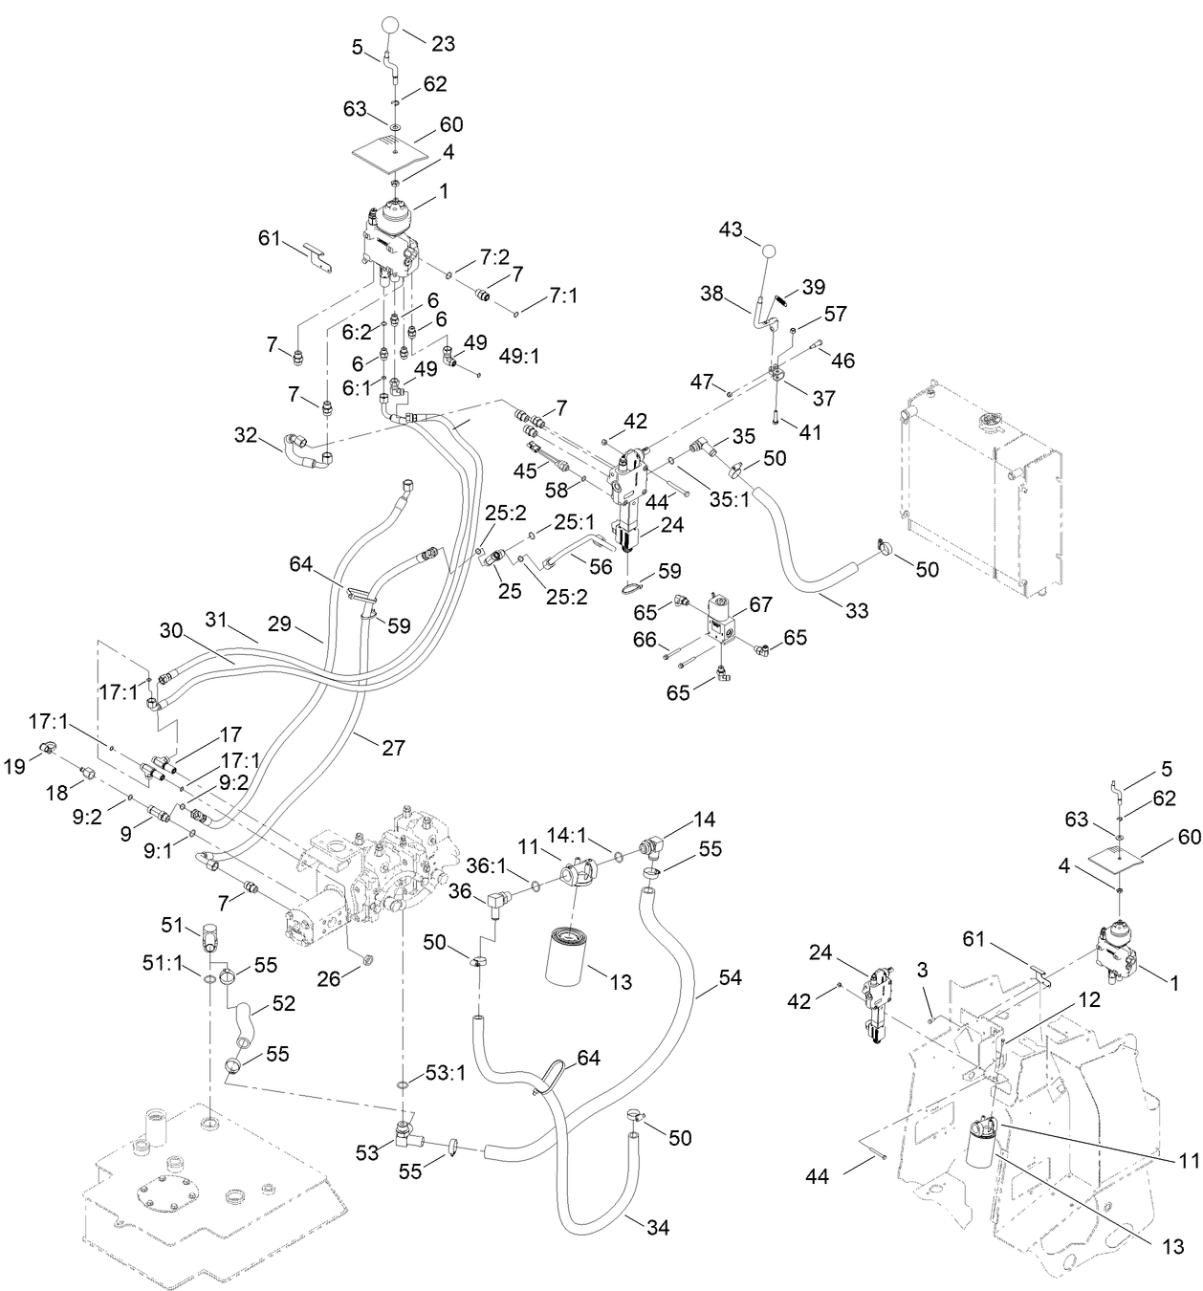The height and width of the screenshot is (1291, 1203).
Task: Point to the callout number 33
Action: tap(857, 608)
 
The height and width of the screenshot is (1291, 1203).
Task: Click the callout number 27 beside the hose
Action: tap(393, 748)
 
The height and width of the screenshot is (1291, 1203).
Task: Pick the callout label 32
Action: tap(246, 436)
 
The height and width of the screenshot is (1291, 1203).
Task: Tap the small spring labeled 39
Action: tap(781, 299)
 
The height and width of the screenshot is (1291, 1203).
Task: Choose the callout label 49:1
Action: tap(520, 358)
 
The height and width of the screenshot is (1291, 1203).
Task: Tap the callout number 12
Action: tap(1089, 1000)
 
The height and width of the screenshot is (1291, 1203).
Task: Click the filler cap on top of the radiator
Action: tap(986, 422)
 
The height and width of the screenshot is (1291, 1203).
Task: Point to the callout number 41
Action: tap(809, 432)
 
